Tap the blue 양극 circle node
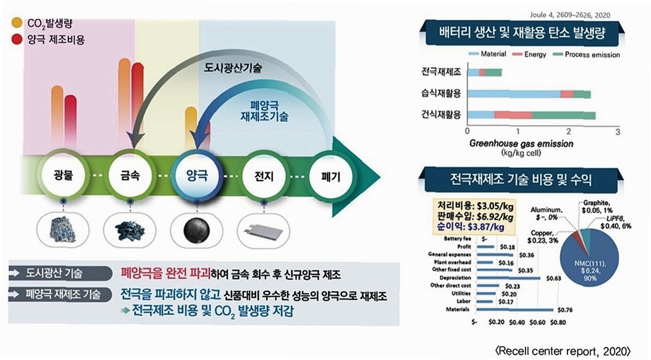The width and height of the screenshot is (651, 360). coord(195,177)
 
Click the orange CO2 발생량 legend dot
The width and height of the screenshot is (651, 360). coord(17,22)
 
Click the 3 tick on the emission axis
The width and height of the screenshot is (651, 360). coord(617,131)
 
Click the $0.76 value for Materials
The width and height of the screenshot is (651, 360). coord(564,309)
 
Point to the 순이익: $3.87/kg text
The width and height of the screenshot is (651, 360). coord(471,227)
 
